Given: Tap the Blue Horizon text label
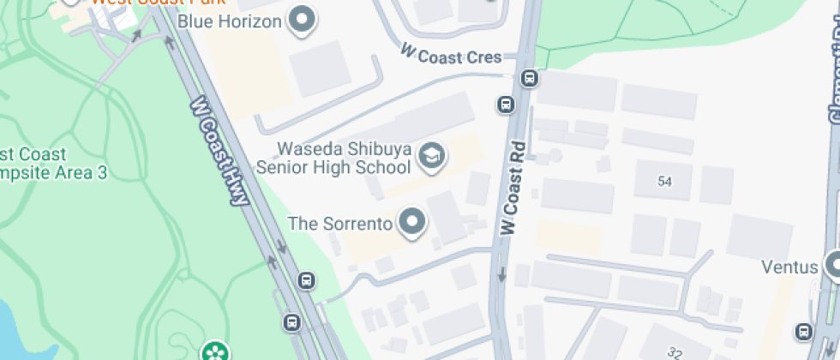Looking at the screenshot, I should coord(231,21).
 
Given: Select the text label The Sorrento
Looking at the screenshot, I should coord(340,224).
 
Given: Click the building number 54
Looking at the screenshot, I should coord(664,181).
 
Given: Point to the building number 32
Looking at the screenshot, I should coord(676,352).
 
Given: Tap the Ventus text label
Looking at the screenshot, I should coord(789,267).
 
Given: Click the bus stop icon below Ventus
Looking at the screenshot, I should coord(804,330).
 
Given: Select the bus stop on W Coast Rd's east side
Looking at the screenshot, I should coord(530,80).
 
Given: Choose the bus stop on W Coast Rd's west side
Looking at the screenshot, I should coord(506,105).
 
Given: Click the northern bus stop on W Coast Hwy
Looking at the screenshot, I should coord(306,280).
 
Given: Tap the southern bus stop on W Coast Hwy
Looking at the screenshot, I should coord(292,322).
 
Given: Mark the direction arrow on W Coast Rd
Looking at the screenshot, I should coord(501,276).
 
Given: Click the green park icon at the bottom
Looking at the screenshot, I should coord(213,351).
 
